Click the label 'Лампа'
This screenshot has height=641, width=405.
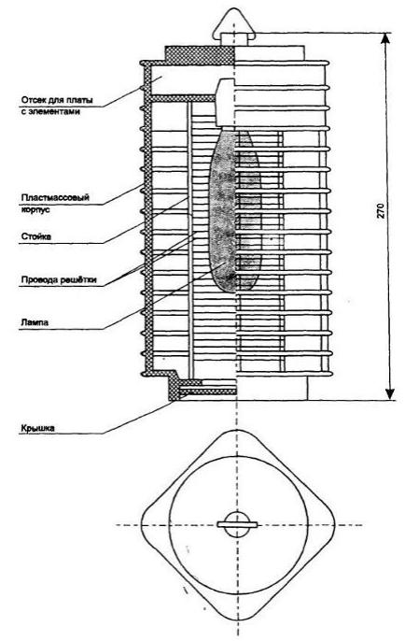pos(35,322)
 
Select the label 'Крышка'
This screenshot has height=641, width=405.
pos(37,428)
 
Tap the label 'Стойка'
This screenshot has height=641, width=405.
pos(36,236)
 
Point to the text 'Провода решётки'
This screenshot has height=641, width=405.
pos(59,279)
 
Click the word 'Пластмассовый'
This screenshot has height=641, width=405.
pos(55,198)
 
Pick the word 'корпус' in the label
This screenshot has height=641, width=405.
pos(35,209)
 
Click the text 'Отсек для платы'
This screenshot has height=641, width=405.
pos(57,100)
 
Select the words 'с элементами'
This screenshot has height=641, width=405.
pos(50,111)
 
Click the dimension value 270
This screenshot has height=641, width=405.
pos(380,209)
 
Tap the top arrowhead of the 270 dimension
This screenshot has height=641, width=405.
pos(385,38)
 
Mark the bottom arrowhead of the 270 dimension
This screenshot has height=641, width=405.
pos(390,393)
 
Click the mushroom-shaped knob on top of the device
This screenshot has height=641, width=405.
pos(234,26)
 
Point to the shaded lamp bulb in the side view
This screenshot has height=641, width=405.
pos(235,210)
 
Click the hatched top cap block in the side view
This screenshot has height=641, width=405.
pos(200,55)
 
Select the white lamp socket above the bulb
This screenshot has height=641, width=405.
pos(226,102)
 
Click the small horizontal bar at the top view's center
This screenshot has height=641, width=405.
pos(237,524)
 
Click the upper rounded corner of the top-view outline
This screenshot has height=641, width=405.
pos(237,431)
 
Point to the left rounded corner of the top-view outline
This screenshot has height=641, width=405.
pos(142,525)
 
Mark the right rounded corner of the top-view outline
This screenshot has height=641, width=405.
pos(334,525)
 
